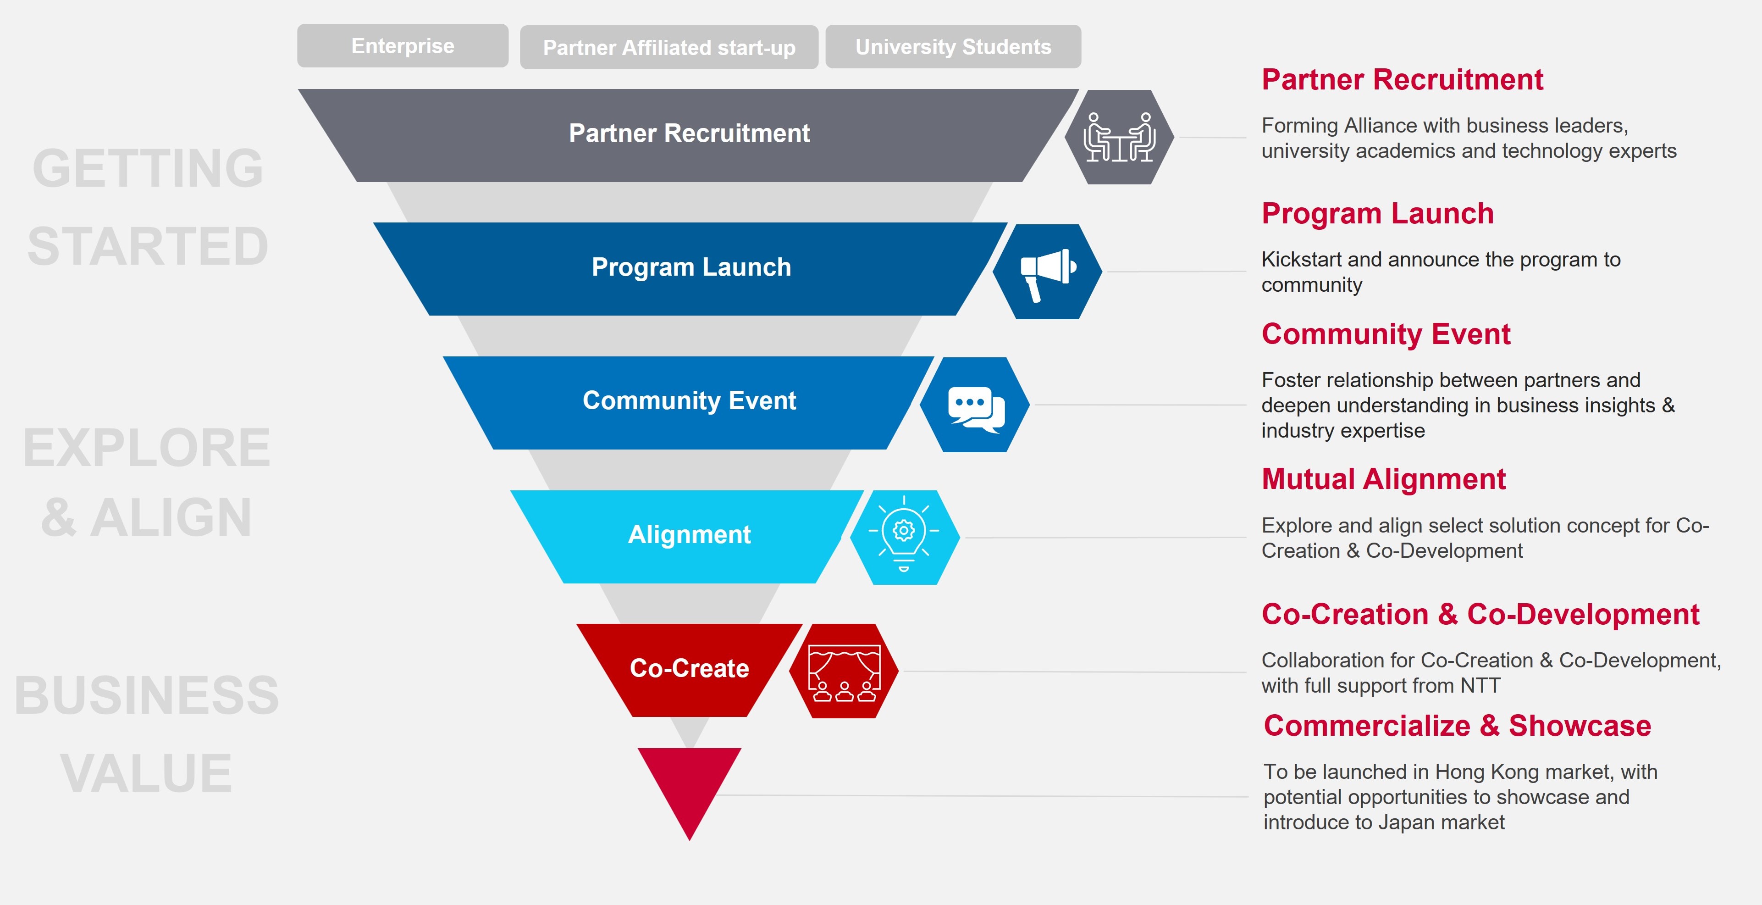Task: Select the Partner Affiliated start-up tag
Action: click(668, 47)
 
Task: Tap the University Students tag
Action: click(953, 46)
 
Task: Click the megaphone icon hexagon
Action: click(1047, 272)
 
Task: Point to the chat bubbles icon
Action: click(975, 405)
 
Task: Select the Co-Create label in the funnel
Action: click(689, 668)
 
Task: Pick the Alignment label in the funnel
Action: click(689, 534)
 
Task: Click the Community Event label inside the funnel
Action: click(689, 400)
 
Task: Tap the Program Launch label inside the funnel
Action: click(691, 267)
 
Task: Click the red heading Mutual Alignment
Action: click(1383, 479)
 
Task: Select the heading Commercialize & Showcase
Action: click(1457, 726)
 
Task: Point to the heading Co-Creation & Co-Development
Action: click(1480, 614)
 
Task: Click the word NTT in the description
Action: click(1480, 685)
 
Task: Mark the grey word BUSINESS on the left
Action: click(146, 695)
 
